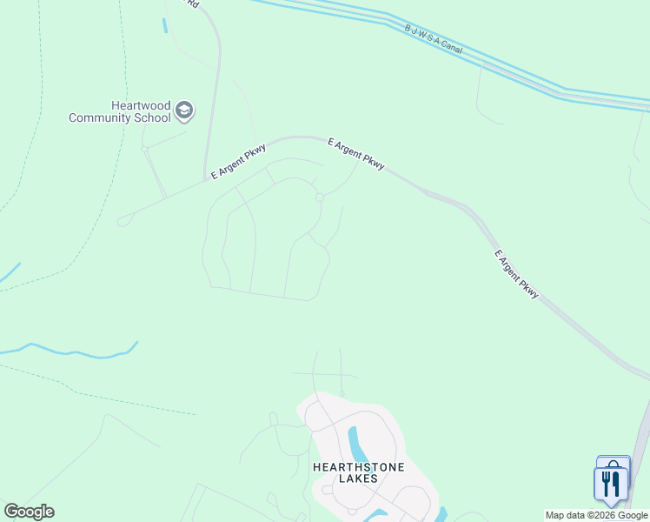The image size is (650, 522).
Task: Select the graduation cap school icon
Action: (184, 110)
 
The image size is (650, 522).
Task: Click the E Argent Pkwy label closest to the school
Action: (237, 162)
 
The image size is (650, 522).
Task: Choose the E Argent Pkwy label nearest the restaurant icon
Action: (517, 275)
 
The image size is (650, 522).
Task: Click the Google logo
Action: (29, 512)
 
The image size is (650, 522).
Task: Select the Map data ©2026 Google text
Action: (596, 516)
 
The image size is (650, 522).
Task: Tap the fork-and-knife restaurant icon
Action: (610, 481)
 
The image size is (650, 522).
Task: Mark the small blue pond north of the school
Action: (164, 25)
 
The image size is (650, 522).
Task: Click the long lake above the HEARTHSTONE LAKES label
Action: (355, 444)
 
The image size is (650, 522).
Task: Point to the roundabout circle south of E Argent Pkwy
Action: (320, 197)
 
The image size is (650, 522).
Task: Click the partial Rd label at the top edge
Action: (193, 3)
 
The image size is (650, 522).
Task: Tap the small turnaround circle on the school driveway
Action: (145, 149)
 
